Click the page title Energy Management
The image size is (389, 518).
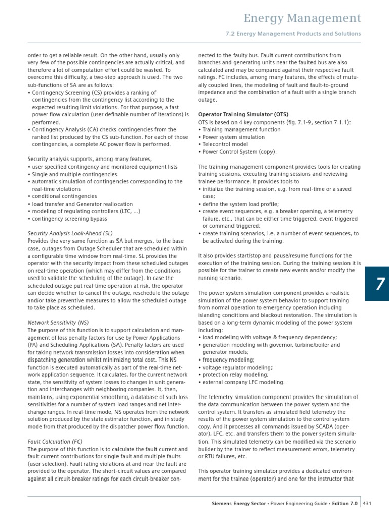[x=302, y=19]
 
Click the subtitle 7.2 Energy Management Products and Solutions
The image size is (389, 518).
[x=293, y=34]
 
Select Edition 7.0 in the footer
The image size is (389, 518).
[x=344, y=504]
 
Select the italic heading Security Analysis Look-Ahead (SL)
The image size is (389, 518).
[x=70, y=233]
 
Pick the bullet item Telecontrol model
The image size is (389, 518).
[x=226, y=144]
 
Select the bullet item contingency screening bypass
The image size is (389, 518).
[x=69, y=219]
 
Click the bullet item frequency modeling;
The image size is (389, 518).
[x=229, y=360]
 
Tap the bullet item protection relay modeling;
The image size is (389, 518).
[x=237, y=375]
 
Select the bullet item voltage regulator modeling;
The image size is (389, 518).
[x=237, y=368]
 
